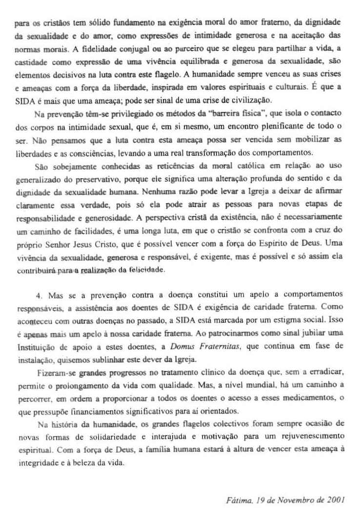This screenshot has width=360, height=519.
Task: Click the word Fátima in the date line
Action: coord(239,500)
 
